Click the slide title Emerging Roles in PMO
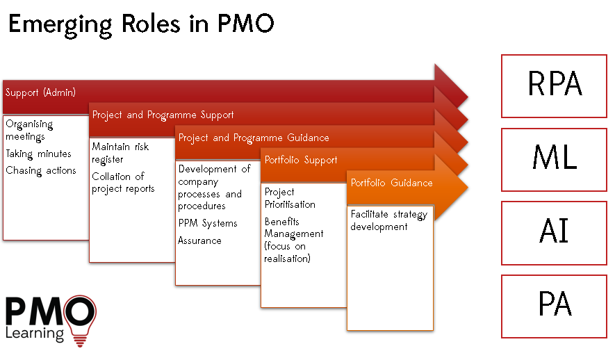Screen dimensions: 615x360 tap(141, 24)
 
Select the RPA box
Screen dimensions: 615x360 tap(554, 86)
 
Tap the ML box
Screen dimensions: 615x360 tap(554, 160)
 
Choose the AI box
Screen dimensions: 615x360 tap(554, 233)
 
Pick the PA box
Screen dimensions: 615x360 tap(554, 306)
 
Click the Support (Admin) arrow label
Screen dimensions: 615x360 tap(40, 92)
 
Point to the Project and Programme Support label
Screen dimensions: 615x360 tap(163, 115)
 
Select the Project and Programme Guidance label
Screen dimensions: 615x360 tap(254, 138)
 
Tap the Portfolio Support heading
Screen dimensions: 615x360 tap(301, 160)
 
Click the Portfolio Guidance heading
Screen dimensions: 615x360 tap(391, 183)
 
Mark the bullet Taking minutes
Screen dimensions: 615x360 tap(38, 154)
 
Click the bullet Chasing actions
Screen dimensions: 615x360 tap(41, 170)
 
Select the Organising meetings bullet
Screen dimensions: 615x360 tap(29, 130)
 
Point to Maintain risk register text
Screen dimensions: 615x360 tap(120, 153)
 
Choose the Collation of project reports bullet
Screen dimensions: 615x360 tap(123, 182)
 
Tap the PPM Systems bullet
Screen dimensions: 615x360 tap(208, 223)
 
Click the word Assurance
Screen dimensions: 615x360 tap(199, 240)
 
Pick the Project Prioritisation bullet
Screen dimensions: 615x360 tap(290, 198)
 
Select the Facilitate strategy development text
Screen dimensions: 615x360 tap(389, 220)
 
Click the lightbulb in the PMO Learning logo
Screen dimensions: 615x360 tap(80, 320)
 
